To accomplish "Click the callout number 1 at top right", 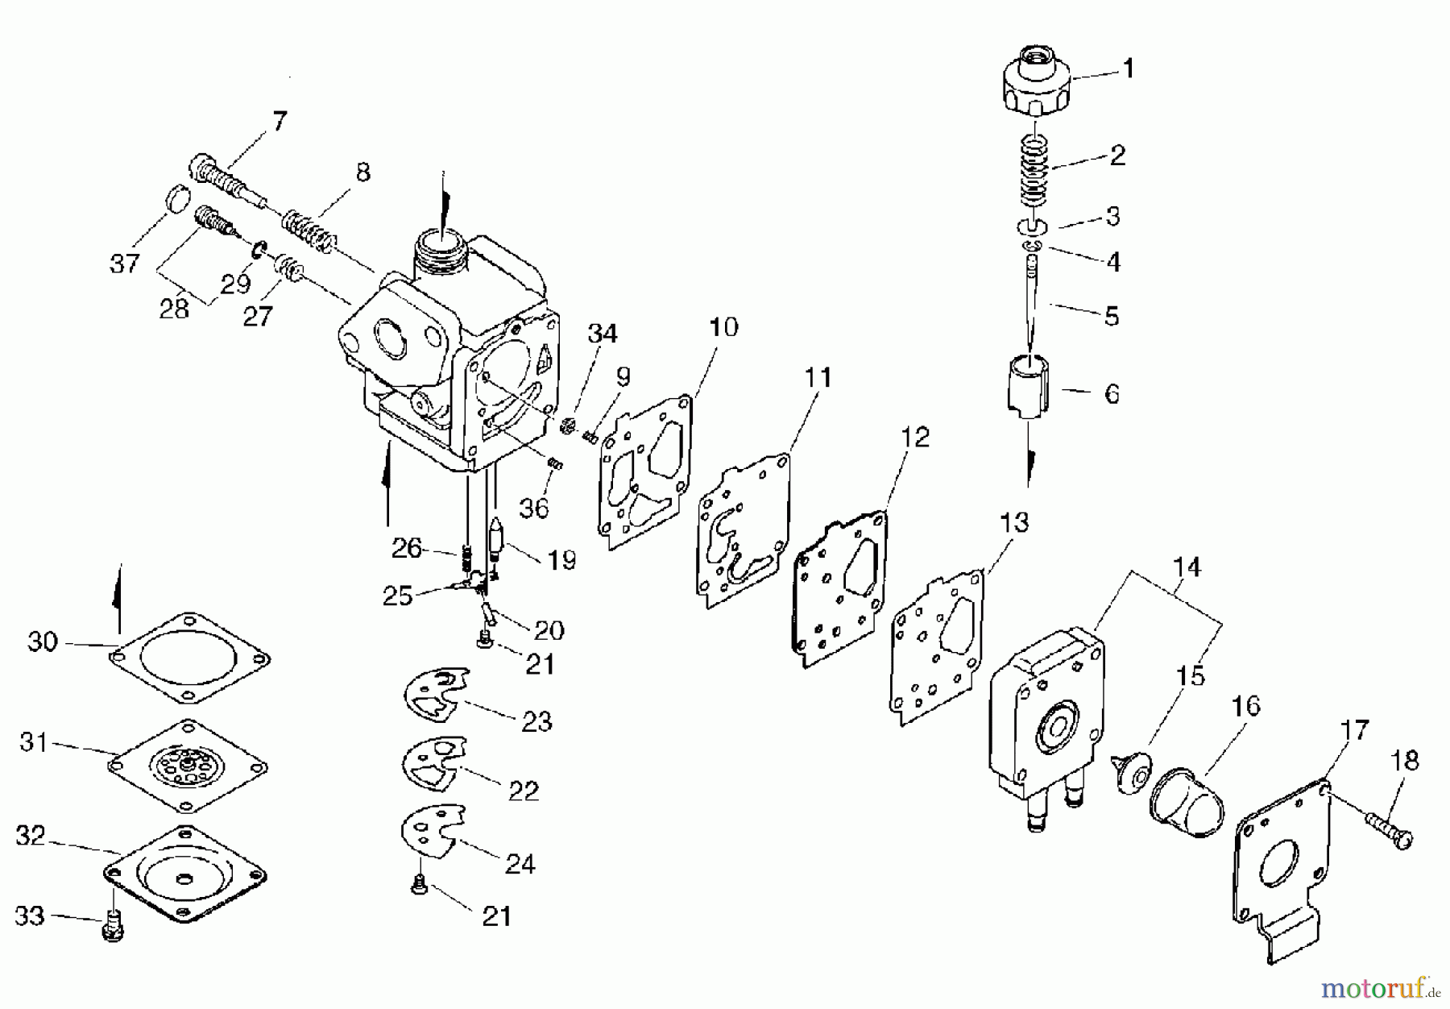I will [1129, 69].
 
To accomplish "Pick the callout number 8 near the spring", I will [362, 172].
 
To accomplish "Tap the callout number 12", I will [914, 438].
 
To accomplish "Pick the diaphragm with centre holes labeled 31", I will [187, 765].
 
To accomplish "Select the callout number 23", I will [536, 721].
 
